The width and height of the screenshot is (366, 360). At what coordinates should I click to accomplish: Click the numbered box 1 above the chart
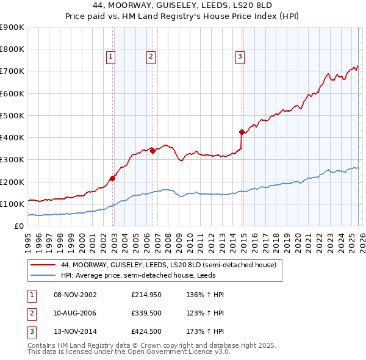coord(110,57)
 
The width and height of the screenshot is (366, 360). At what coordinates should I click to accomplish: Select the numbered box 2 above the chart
coord(151,57)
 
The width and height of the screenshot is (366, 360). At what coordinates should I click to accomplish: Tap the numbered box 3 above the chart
coord(240,57)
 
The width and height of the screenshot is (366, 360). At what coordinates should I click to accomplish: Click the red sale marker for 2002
coord(113,178)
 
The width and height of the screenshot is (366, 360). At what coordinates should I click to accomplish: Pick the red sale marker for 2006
coord(152,151)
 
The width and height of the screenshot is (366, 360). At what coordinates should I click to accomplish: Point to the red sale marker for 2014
coord(242,132)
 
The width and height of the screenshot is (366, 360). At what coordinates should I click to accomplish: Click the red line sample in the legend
coord(43,265)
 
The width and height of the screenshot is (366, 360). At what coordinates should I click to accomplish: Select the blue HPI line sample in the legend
coord(43,275)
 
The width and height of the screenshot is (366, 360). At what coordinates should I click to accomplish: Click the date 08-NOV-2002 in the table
coord(75,295)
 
